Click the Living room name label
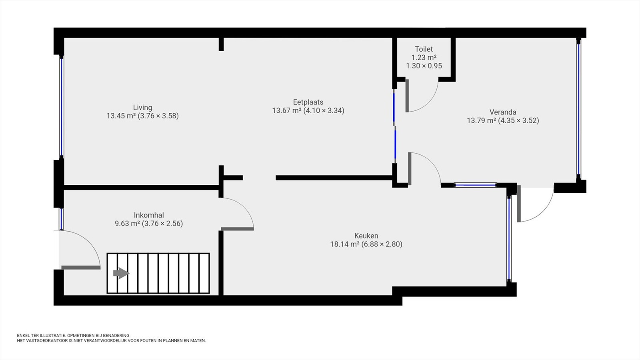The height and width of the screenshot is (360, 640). coord(142,108)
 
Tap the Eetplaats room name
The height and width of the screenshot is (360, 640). coord(308,102)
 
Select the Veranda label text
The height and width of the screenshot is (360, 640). coord(503,112)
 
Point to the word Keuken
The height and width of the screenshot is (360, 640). coord(366,236)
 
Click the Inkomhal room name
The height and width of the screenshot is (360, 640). coord(149,215)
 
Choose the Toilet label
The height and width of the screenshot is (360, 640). coord(424,49)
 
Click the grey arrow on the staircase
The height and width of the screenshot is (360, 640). coord(121,273)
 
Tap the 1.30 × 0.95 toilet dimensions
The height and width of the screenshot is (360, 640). coord(424,66)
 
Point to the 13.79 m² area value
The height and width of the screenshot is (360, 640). coord(482,120)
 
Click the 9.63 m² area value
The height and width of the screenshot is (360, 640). coord(128,224)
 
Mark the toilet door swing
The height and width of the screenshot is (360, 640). coord(422,96)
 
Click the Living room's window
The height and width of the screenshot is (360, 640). coord(62,106)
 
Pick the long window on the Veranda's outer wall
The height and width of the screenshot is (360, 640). coord(579,109)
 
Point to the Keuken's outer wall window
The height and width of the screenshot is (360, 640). coord(509,238)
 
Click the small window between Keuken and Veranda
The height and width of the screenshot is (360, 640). coord(476,186)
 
